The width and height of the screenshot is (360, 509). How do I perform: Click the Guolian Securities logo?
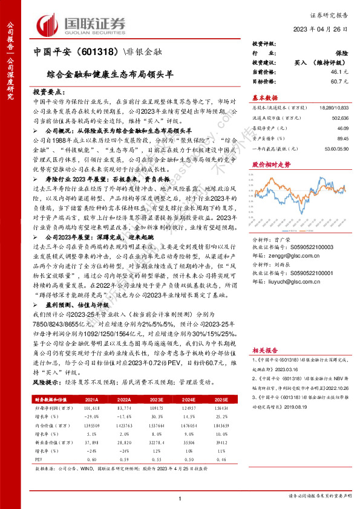pyautogui.click(x=81, y=24)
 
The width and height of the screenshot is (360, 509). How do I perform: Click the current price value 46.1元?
pyautogui.click(x=339, y=71)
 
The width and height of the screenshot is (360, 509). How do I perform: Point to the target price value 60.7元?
pyautogui.click(x=339, y=80)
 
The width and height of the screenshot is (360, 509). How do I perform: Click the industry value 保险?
pyautogui.click(x=341, y=54)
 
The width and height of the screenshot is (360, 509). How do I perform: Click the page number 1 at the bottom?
pyautogui.click(x=180, y=498)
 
